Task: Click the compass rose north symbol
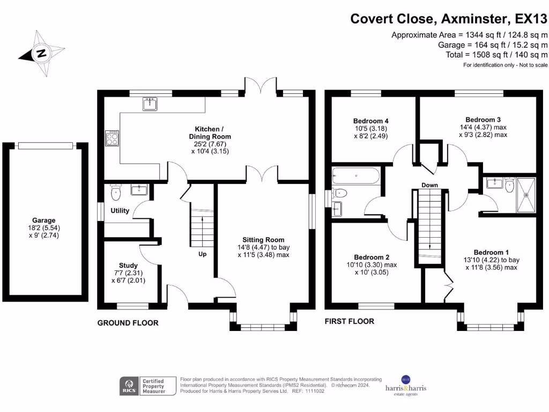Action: click(41, 53)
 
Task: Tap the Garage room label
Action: click(43, 220)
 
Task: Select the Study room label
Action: click(128, 265)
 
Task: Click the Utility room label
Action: click(120, 210)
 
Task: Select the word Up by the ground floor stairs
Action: click(203, 254)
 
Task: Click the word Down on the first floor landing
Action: click(429, 185)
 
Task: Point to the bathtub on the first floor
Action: click(356, 175)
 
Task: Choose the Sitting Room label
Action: click(263, 240)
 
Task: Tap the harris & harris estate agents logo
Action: click(406, 386)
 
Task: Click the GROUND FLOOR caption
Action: click(128, 323)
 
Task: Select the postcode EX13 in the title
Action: click(530, 19)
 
